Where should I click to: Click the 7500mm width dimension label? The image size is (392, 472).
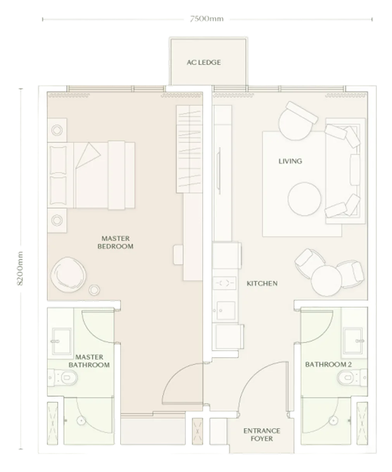[x=207, y=19]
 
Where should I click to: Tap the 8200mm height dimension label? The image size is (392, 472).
[x=20, y=268]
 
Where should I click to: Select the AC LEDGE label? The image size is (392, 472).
[x=204, y=62]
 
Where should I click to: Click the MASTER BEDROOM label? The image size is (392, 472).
[x=116, y=242]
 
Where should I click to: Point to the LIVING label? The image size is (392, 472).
[x=290, y=161]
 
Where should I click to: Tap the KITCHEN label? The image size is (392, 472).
[x=262, y=283]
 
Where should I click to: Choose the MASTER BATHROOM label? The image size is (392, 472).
[x=89, y=361]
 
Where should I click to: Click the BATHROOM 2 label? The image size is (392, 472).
[x=328, y=365]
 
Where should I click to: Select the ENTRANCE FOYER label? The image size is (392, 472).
[x=262, y=435]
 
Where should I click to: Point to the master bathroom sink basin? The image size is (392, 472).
[x=62, y=341]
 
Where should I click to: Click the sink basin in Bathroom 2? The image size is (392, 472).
[x=353, y=341]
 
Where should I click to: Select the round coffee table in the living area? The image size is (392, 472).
[x=304, y=199]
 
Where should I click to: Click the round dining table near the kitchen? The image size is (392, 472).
[x=326, y=280]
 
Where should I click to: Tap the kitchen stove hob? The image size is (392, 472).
[x=224, y=283]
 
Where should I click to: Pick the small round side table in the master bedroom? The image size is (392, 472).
[x=94, y=290]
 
